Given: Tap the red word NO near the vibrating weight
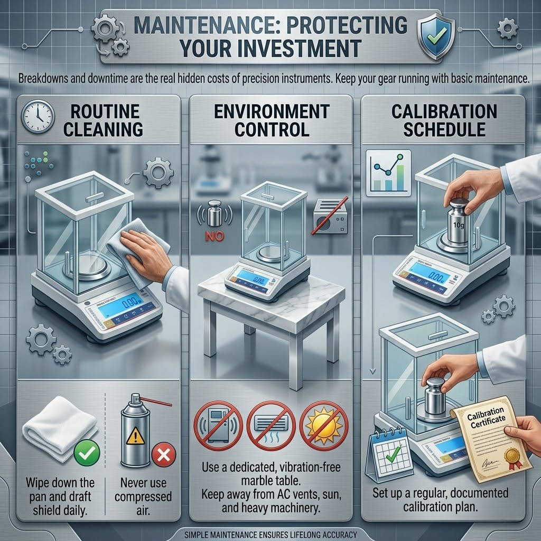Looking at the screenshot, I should pos(214,236).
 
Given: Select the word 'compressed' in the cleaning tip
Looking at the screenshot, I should pos(143,497).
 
